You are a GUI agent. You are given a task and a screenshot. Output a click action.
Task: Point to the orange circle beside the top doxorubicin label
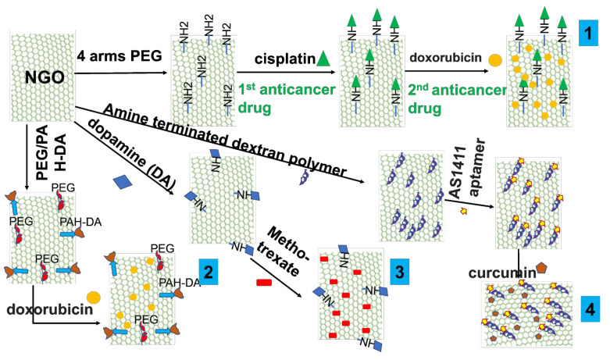tap(494, 59)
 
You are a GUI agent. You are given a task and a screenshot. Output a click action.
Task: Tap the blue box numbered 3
tap(398, 271)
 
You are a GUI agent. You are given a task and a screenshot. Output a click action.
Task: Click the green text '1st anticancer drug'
tap(287, 98)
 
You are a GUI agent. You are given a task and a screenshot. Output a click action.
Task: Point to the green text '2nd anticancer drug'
tap(456, 99)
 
